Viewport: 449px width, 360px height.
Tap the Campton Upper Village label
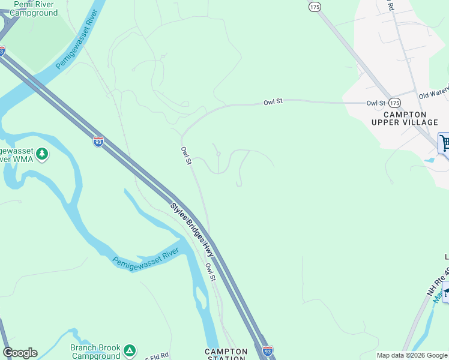[405, 118]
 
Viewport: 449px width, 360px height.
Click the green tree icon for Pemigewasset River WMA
[42, 154]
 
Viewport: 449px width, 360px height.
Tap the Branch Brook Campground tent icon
[130, 350]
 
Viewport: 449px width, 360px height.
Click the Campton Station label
[226, 355]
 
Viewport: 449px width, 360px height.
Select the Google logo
[20, 353]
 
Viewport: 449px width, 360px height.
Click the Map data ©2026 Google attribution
[412, 355]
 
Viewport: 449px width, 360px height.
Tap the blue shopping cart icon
[445, 143]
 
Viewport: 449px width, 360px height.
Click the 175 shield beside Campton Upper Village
[394, 103]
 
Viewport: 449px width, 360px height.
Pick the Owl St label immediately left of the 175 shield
[376, 103]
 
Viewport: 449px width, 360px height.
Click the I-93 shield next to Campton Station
[268, 350]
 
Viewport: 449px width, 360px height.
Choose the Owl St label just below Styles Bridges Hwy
[209, 272]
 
